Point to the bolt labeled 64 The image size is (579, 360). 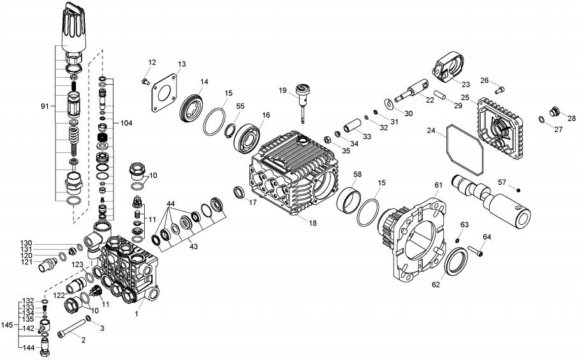coord(479,251)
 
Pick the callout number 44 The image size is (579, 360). coord(171,203)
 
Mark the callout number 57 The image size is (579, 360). coord(502,182)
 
